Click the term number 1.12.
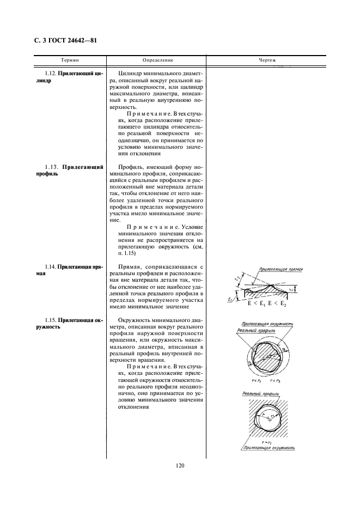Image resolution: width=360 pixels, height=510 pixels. coord(51,73)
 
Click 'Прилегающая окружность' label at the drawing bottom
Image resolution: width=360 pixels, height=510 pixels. coord(269,449)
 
